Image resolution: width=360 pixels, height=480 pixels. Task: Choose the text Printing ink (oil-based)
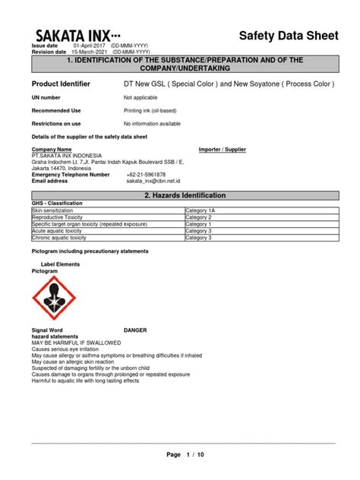click(x=156, y=110)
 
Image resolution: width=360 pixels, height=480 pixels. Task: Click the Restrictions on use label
click(x=56, y=123)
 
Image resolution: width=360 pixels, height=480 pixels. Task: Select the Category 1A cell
click(x=201, y=211)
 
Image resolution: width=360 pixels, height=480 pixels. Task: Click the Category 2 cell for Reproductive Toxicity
click(x=200, y=218)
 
